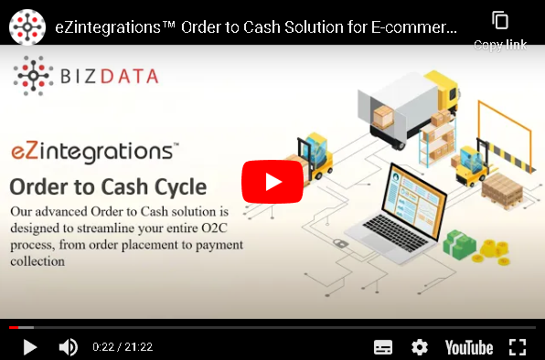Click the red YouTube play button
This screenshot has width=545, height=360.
pos(272,181)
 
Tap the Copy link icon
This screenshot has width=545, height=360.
pos(499,21)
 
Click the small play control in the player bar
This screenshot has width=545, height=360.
pos(29,347)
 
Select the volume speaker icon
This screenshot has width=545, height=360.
pos(68,347)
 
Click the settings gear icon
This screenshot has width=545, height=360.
pos(420,347)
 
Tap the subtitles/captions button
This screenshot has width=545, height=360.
pos(383,347)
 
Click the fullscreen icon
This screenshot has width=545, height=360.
pos(518,347)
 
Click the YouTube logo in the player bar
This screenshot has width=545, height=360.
pos(468,347)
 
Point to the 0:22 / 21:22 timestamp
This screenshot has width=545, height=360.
pos(123,347)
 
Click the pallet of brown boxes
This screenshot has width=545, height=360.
pos(502,186)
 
